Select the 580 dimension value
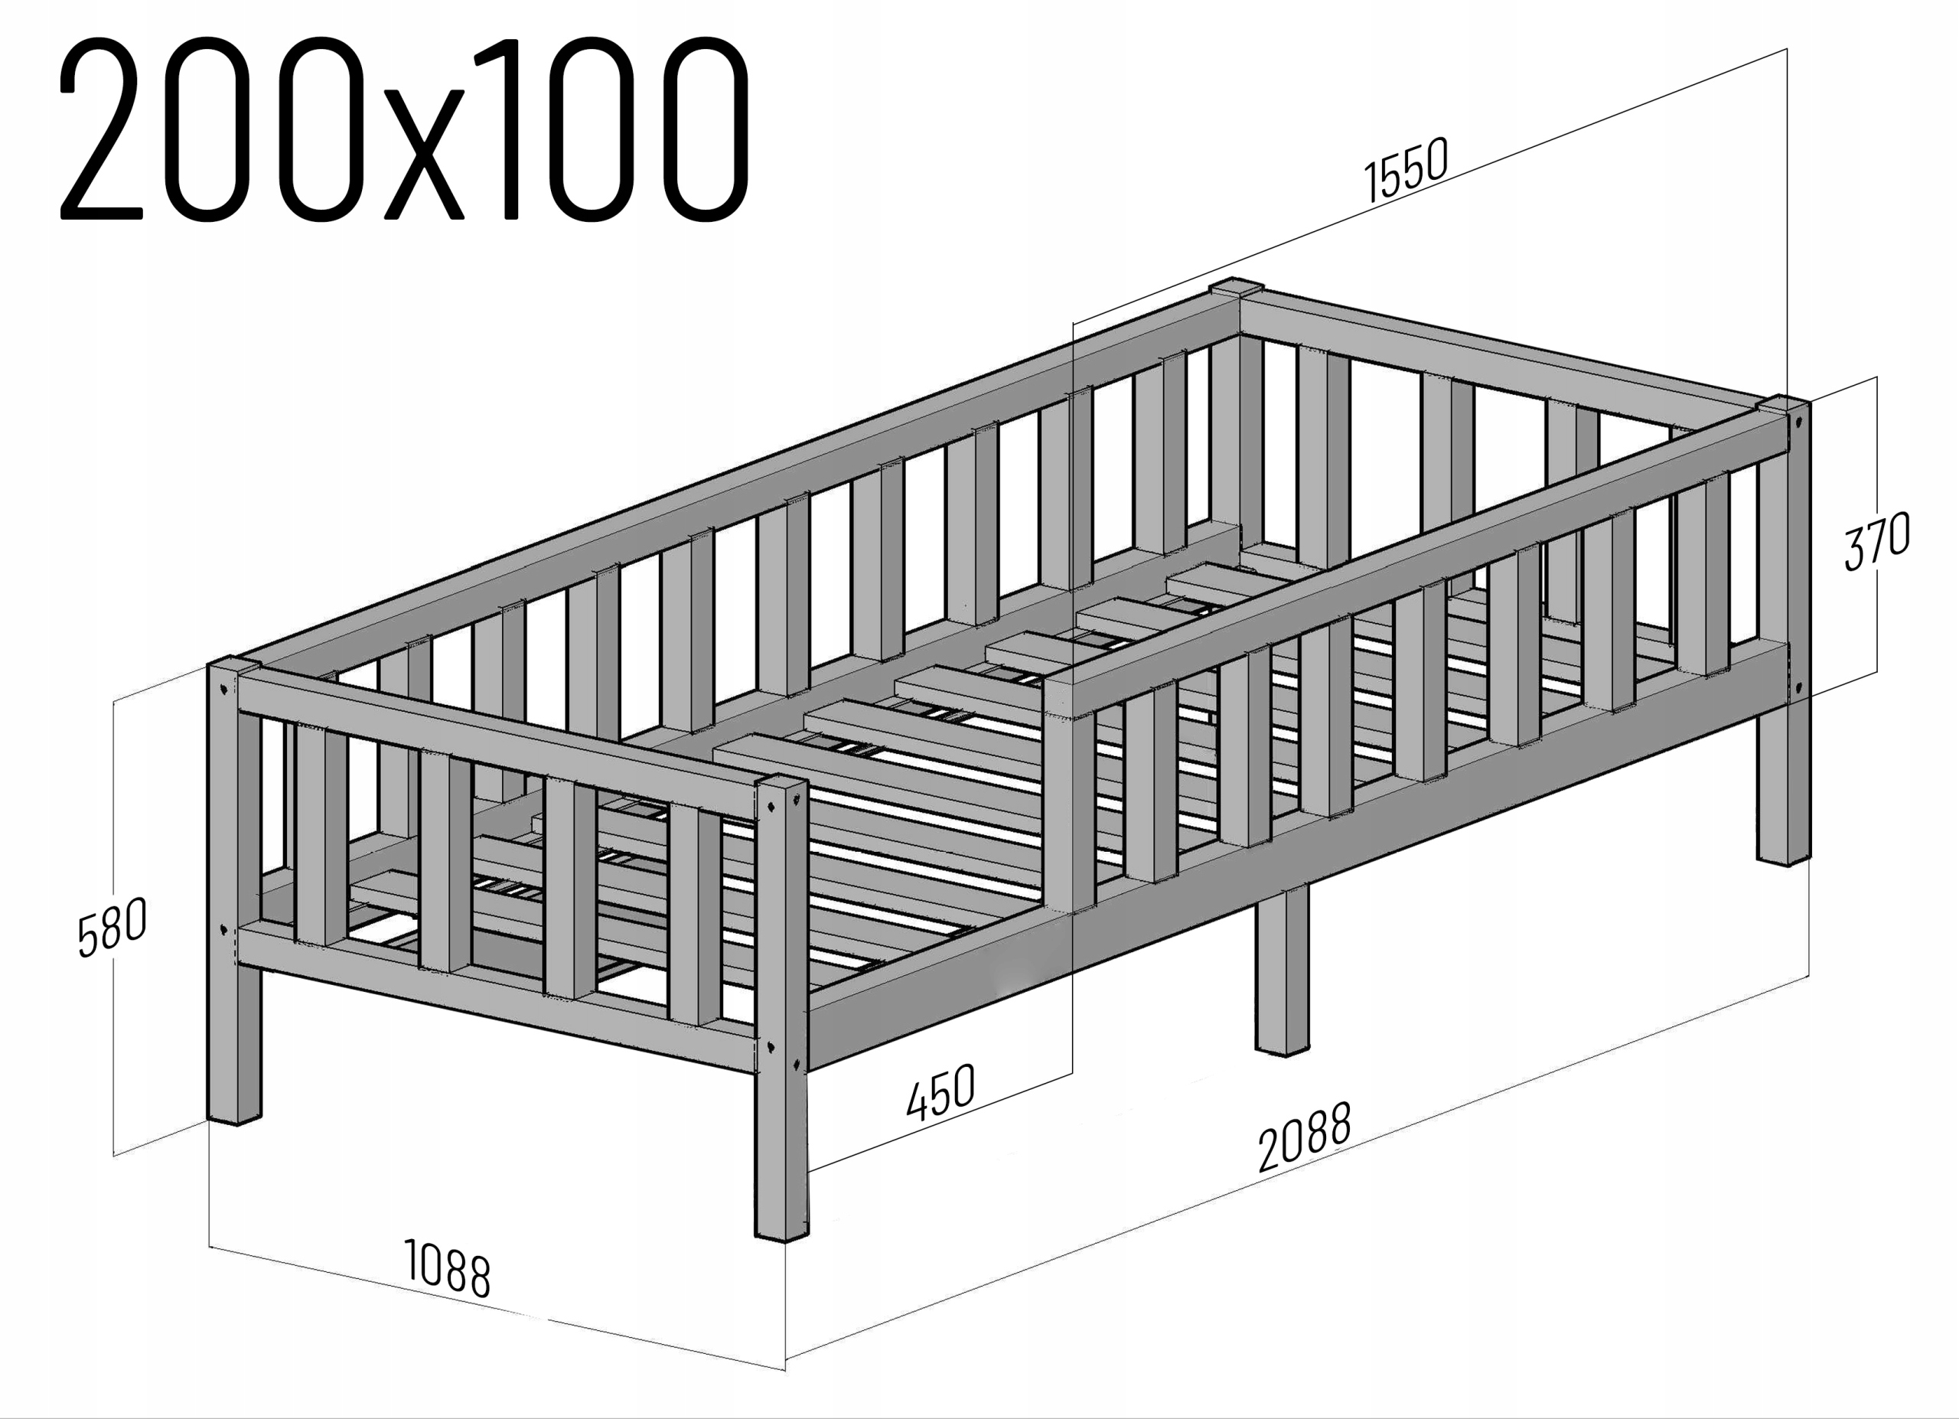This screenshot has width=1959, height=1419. pyautogui.click(x=112, y=927)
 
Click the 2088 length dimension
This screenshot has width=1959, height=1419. pyautogui.click(x=1304, y=1137)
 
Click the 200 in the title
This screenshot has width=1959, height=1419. pyautogui.click(x=207, y=129)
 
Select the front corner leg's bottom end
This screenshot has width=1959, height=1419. pyautogui.click(x=783, y=1226)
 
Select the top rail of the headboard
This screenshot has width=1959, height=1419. pyautogui.click(x=1511, y=350)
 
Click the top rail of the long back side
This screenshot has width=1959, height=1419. pyautogui.click(x=734, y=484)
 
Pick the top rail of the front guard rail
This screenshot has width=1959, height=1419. pyautogui.click(x=1416, y=561)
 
